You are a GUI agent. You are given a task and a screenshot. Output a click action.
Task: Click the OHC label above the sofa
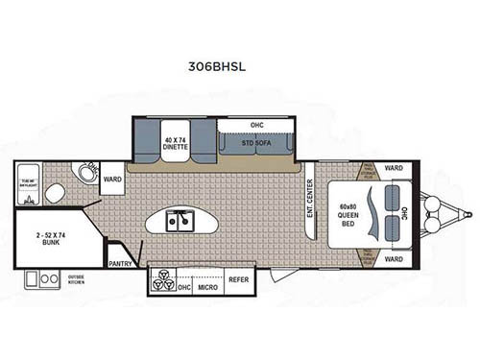[256, 124]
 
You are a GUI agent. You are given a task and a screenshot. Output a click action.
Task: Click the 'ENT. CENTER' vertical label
[310, 199]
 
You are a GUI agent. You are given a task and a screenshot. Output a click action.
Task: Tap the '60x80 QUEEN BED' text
[347, 213]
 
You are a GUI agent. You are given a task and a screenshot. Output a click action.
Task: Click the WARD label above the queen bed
[394, 168]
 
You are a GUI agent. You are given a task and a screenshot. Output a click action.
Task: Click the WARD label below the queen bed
[394, 258]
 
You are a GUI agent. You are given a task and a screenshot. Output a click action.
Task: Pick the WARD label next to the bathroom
[112, 179]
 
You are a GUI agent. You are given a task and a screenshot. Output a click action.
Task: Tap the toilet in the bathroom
[54, 195]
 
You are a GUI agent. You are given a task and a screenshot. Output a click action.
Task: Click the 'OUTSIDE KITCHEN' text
[75, 280]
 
